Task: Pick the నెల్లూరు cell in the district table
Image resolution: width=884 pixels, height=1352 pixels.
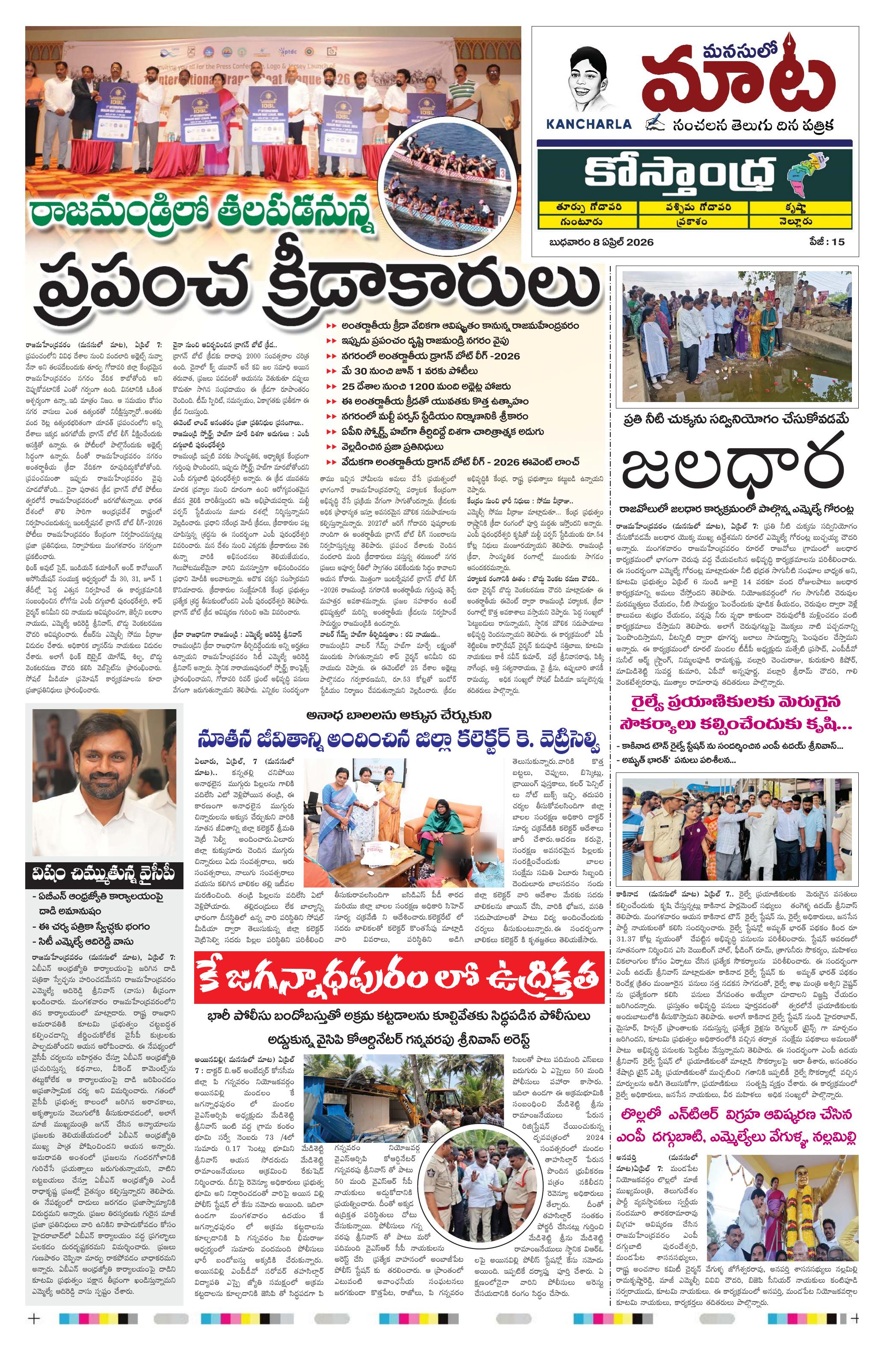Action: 796,221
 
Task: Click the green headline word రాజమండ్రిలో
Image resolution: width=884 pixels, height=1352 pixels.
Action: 122,220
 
